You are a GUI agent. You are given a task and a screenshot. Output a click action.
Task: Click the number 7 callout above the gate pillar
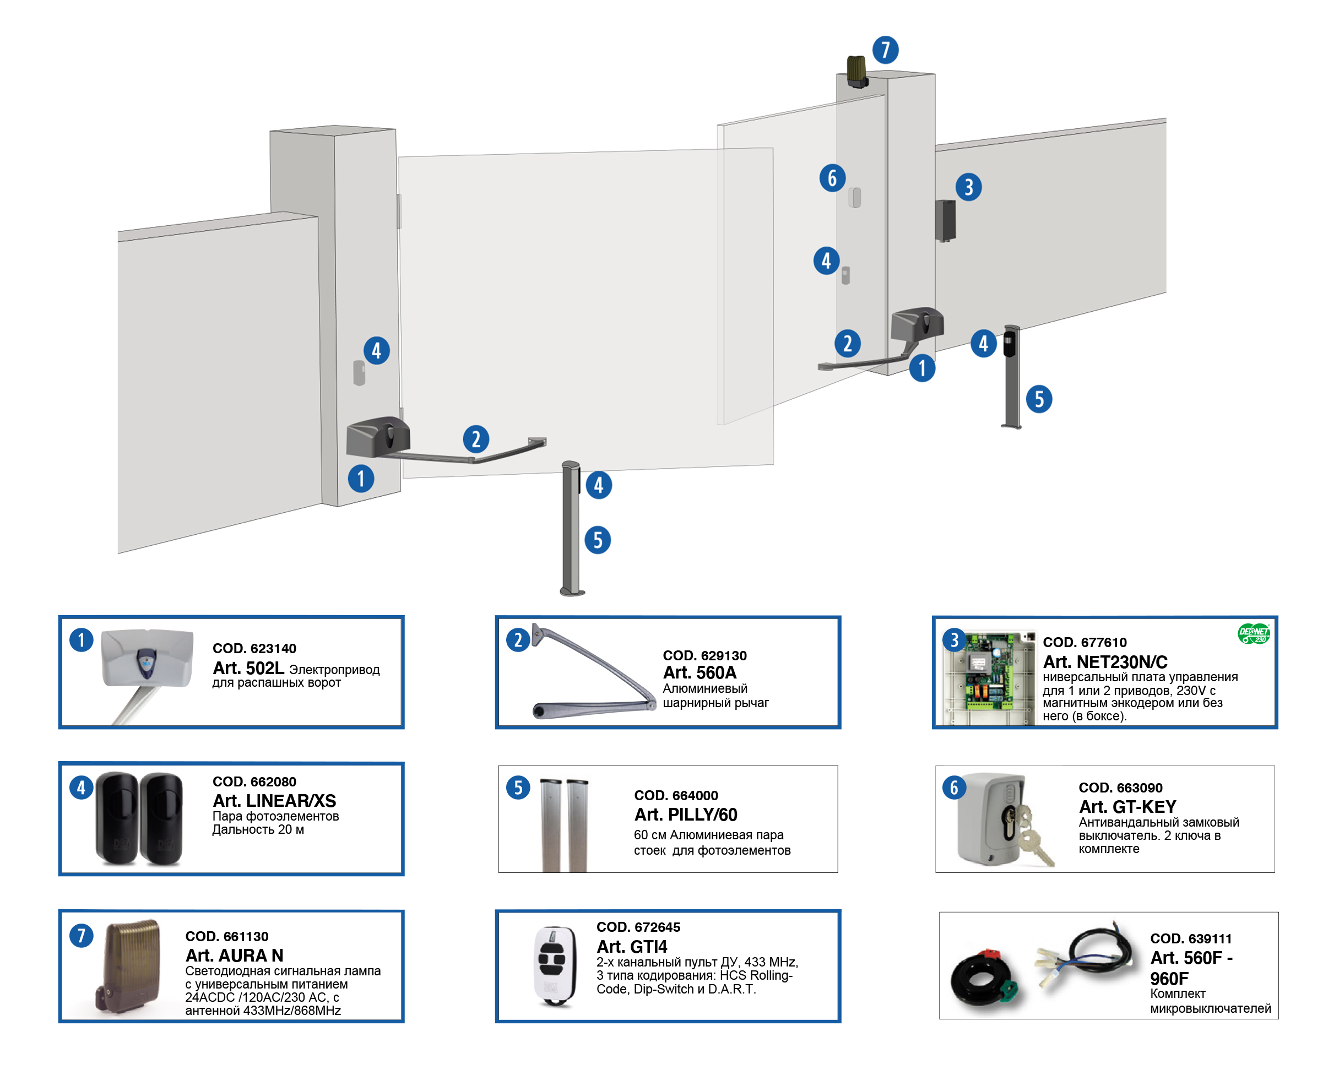tap(885, 50)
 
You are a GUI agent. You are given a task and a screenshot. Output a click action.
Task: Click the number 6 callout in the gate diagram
tap(832, 178)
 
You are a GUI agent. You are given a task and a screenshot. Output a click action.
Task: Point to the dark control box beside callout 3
tap(945, 220)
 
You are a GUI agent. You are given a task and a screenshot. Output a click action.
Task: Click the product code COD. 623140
tap(254, 648)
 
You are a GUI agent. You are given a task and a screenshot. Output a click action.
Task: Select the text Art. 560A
tap(700, 672)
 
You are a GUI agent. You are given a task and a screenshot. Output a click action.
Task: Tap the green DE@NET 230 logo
tap(1253, 633)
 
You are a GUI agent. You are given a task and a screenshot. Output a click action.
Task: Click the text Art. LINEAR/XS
tap(274, 801)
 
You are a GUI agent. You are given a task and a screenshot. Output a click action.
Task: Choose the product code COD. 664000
tap(676, 795)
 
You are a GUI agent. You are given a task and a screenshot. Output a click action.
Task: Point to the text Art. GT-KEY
tap(1127, 807)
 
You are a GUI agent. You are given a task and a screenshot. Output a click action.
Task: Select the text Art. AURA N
tap(234, 955)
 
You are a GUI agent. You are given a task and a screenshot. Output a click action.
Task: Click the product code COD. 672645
tap(638, 927)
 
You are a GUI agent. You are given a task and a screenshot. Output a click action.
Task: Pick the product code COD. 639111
tap(1190, 938)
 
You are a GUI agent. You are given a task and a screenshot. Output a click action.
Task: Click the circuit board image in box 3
tap(988, 678)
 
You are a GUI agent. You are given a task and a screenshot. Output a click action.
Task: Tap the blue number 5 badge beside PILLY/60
tap(518, 788)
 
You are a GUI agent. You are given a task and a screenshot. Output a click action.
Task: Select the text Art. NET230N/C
tap(1104, 662)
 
